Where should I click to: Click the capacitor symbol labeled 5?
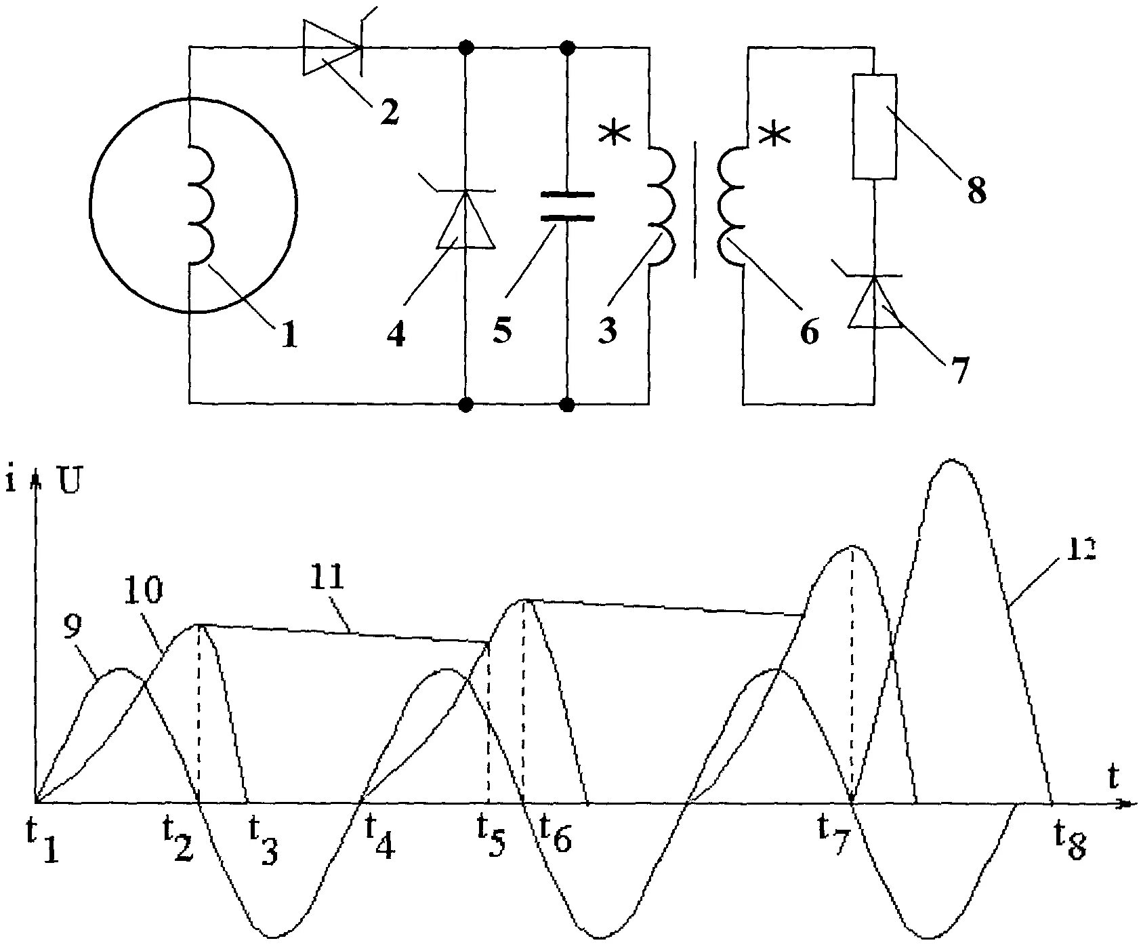coord(568,207)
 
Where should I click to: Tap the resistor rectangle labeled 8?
coord(874,127)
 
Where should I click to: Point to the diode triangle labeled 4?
coord(465,220)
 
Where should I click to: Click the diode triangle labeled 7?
coord(875,302)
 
